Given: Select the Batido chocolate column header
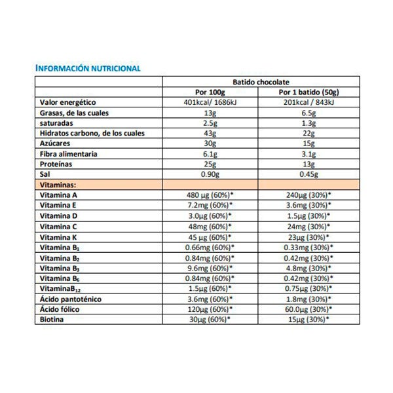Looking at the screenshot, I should tap(259, 81).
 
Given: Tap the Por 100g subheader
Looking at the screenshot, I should tap(211, 92).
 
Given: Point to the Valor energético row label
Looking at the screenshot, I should tap(69, 103).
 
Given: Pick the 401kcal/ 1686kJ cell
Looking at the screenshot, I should tap(211, 103).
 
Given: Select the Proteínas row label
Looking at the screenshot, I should tap(56, 164).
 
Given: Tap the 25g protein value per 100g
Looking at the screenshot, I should tap(211, 164).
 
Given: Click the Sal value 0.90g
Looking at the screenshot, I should tap(211, 174).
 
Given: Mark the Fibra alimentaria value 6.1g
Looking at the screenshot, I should tap(211, 154).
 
